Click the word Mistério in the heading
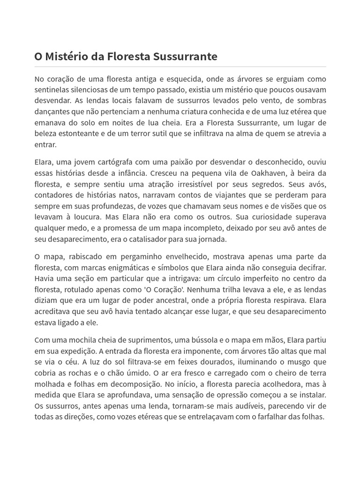(62, 57)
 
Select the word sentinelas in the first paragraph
(54, 90)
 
